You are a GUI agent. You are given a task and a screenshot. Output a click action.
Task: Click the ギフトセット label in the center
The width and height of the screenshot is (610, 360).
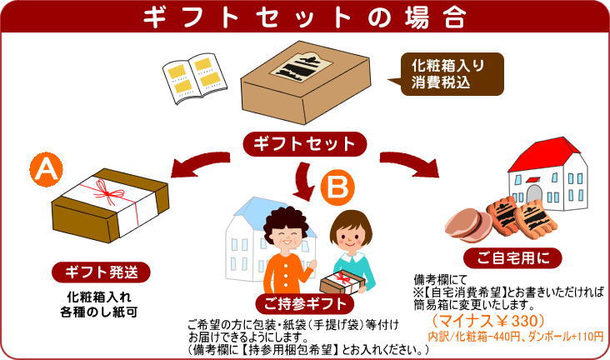[x=306, y=143]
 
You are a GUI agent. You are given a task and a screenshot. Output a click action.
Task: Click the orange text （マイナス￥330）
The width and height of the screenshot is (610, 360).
[x=488, y=321]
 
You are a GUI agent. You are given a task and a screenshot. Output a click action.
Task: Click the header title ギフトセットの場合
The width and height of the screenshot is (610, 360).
[x=305, y=16]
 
